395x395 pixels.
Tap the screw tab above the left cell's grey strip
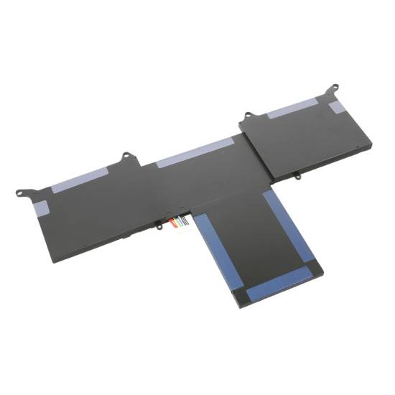pyautogui.click(x=126, y=155)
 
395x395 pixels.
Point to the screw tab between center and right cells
pyautogui.click(x=248, y=116)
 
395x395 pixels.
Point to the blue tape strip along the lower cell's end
pyautogui.click(x=276, y=285)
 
